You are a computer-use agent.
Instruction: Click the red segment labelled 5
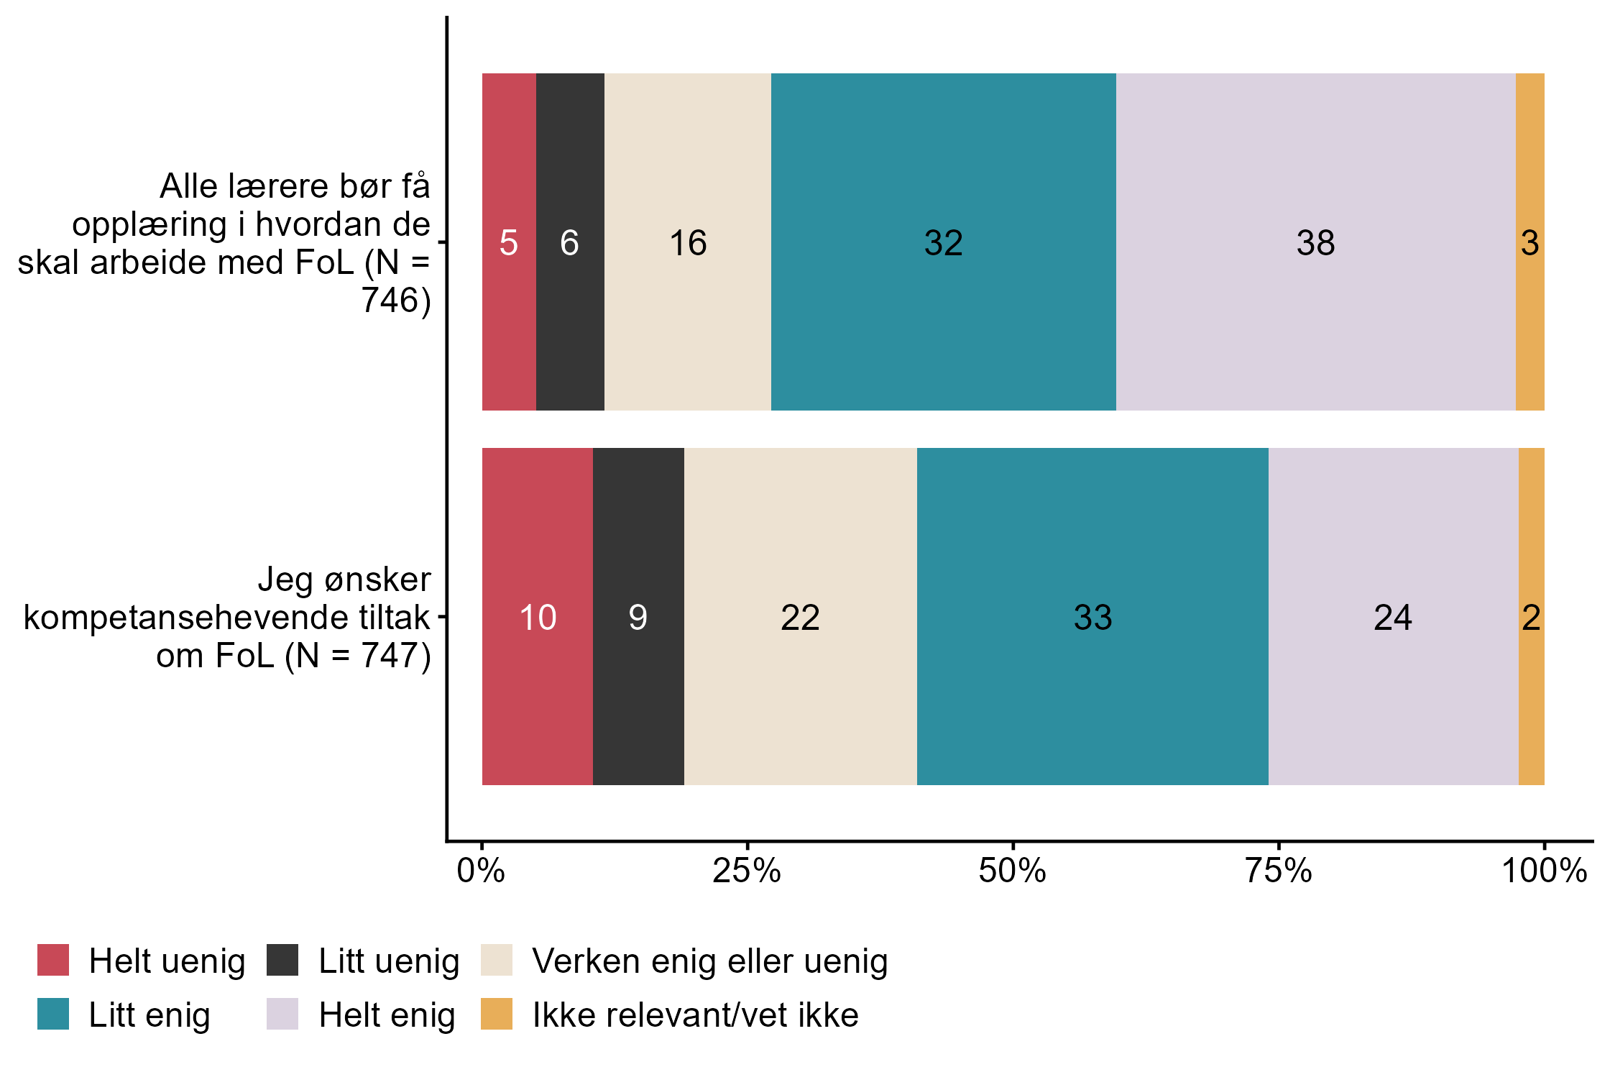509,242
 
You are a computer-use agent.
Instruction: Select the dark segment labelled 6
570,242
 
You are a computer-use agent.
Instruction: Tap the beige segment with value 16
688,242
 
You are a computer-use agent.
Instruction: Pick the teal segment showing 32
943,242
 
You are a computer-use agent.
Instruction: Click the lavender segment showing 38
1315,242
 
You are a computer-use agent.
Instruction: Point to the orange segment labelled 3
1530,242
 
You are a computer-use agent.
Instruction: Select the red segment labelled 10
538,617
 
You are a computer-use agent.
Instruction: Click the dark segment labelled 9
638,617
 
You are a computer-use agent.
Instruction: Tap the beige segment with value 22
800,617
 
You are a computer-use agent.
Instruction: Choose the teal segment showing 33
1092,617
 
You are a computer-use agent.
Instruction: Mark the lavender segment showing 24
1393,617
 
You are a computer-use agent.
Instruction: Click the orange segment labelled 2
1532,617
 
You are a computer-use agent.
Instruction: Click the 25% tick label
747,871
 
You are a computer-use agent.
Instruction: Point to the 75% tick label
1279,871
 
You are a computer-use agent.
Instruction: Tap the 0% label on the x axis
481,871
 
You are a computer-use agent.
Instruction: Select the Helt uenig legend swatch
53,961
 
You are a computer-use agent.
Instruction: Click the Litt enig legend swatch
53,1015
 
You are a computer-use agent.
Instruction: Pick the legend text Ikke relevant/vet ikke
695,1015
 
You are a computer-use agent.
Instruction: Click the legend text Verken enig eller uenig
709,961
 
